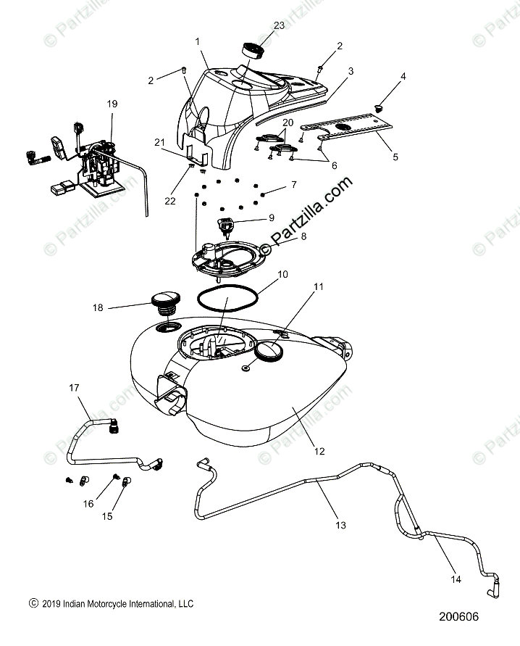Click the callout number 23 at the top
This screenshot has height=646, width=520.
point(279,25)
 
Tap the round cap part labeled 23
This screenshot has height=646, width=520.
point(251,50)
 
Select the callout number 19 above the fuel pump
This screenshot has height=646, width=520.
point(112,104)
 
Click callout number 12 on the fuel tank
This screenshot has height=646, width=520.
point(319,452)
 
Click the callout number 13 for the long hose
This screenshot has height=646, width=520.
point(340,526)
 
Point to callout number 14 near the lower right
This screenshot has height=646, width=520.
point(456,579)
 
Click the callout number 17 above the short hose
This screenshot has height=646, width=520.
point(74,388)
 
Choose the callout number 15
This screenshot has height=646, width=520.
point(107,516)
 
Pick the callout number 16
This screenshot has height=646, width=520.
point(88,504)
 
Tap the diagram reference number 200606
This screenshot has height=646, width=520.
point(458,616)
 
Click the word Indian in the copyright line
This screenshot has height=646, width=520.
point(74,604)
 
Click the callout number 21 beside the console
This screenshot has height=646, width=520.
point(159,143)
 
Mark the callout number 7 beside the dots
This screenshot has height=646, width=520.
point(294,185)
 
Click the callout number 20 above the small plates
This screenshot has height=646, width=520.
point(288,123)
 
